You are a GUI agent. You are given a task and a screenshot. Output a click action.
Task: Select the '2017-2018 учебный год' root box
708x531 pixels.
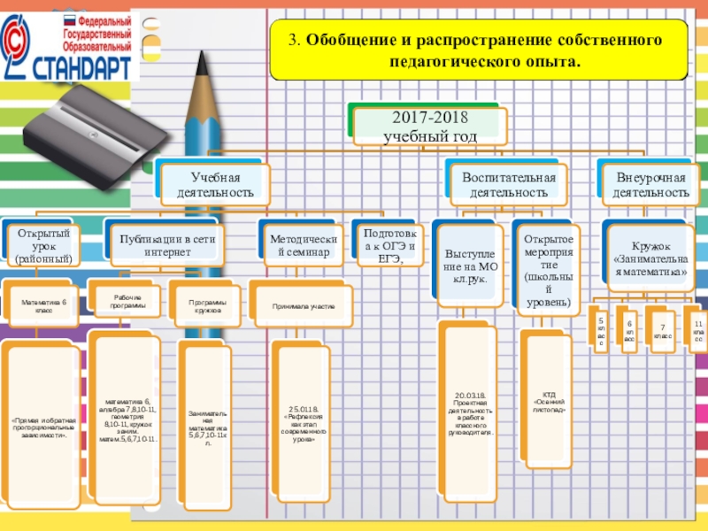430,127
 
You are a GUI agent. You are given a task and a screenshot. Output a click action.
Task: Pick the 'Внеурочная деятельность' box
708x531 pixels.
651,184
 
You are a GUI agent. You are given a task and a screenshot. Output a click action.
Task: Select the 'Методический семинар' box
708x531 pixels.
299,246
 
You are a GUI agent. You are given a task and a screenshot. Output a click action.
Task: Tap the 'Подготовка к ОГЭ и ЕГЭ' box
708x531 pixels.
383,246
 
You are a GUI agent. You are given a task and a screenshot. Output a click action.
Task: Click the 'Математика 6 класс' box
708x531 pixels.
42,306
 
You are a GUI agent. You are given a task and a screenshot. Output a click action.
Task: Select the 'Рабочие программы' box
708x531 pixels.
128,301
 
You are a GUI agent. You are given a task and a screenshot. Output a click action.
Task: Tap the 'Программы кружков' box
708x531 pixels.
207,306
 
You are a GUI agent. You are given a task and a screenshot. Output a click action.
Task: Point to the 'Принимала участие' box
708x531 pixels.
303,306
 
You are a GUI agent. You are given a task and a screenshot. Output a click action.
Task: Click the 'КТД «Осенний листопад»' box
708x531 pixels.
550,403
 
